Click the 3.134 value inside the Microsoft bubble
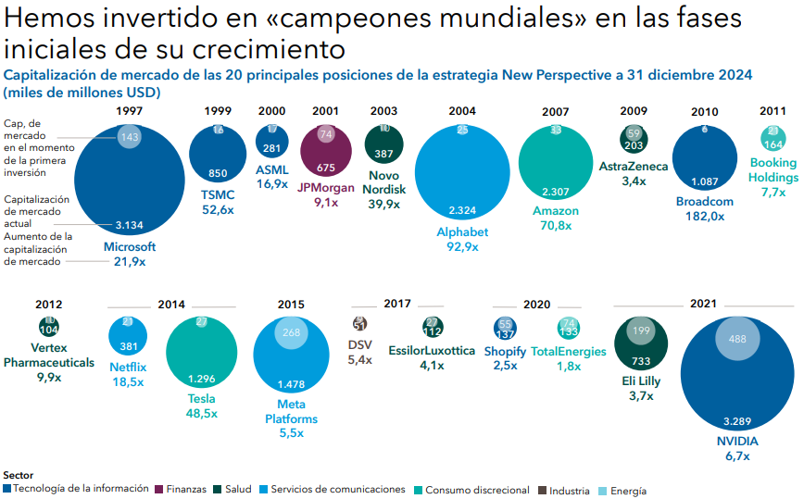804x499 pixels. click(130, 225)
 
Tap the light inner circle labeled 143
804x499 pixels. click(130, 137)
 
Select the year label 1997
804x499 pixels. click(130, 110)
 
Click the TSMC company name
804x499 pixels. click(218, 195)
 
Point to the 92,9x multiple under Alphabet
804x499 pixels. click(461, 246)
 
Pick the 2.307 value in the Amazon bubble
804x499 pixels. click(554, 192)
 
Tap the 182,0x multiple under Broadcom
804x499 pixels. click(704, 216)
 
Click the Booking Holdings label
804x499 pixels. click(773, 170)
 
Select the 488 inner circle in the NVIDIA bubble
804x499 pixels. click(737, 339)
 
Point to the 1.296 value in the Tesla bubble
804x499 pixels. click(201, 379)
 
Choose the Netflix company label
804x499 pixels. click(128, 367)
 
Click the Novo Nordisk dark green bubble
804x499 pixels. click(383, 143)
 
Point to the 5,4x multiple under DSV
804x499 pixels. click(359, 359)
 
